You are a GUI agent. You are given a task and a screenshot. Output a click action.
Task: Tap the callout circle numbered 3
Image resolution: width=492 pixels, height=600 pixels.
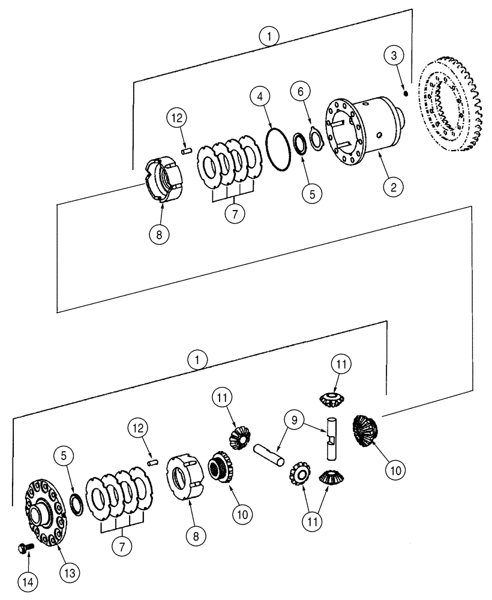coord(393,56)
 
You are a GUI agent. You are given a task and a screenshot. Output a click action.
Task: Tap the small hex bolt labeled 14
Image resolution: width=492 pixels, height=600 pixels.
coord(26,547)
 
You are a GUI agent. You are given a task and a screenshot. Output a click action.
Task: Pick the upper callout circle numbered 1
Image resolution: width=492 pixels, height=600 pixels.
coord(271,37)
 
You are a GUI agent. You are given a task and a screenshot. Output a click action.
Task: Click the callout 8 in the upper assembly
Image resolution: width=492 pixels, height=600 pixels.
coord(158,234)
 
